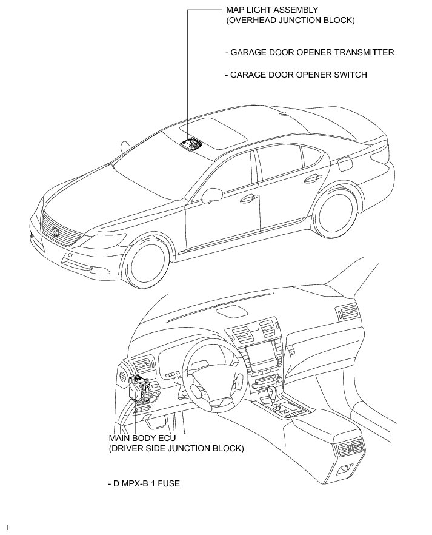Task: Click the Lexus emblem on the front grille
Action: (55, 232)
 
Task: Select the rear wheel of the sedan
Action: (335, 214)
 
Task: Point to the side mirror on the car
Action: (211, 195)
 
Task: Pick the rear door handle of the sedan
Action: (312, 178)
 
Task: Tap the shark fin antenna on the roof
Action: (283, 113)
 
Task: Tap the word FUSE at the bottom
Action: (168, 483)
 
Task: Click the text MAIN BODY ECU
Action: (143, 438)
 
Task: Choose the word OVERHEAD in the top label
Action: (252, 20)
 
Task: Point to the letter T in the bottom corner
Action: (7, 528)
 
